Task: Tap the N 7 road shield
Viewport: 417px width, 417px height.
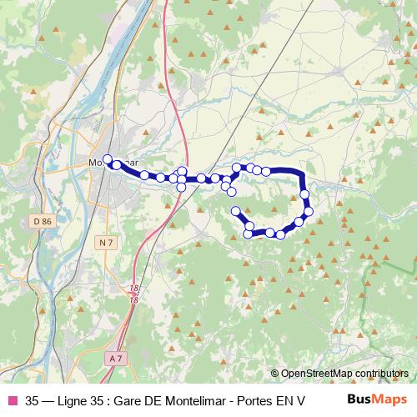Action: click(103, 243)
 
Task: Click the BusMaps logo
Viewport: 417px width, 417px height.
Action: click(377, 399)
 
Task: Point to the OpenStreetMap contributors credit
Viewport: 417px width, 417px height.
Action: click(339, 373)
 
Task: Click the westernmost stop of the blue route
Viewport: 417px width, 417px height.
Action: click(107, 158)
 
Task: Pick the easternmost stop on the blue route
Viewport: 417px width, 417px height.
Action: click(309, 211)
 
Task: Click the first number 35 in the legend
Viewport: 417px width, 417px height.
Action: click(33, 399)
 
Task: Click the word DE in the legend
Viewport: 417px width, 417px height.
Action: click(163, 399)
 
